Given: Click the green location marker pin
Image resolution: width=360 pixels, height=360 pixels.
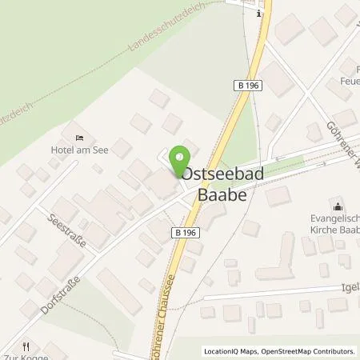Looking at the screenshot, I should tap(181, 157).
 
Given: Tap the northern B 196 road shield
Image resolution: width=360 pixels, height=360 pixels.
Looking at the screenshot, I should tap(248, 84).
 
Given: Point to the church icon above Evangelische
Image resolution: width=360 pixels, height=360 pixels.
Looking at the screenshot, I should tap(334, 206).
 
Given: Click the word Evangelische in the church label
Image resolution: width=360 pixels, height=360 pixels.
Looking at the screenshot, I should tap(331, 218).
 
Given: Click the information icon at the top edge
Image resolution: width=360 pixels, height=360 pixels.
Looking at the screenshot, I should tap(258, 13).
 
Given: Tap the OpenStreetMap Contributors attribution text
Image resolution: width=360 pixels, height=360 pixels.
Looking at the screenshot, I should tap(309, 351).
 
